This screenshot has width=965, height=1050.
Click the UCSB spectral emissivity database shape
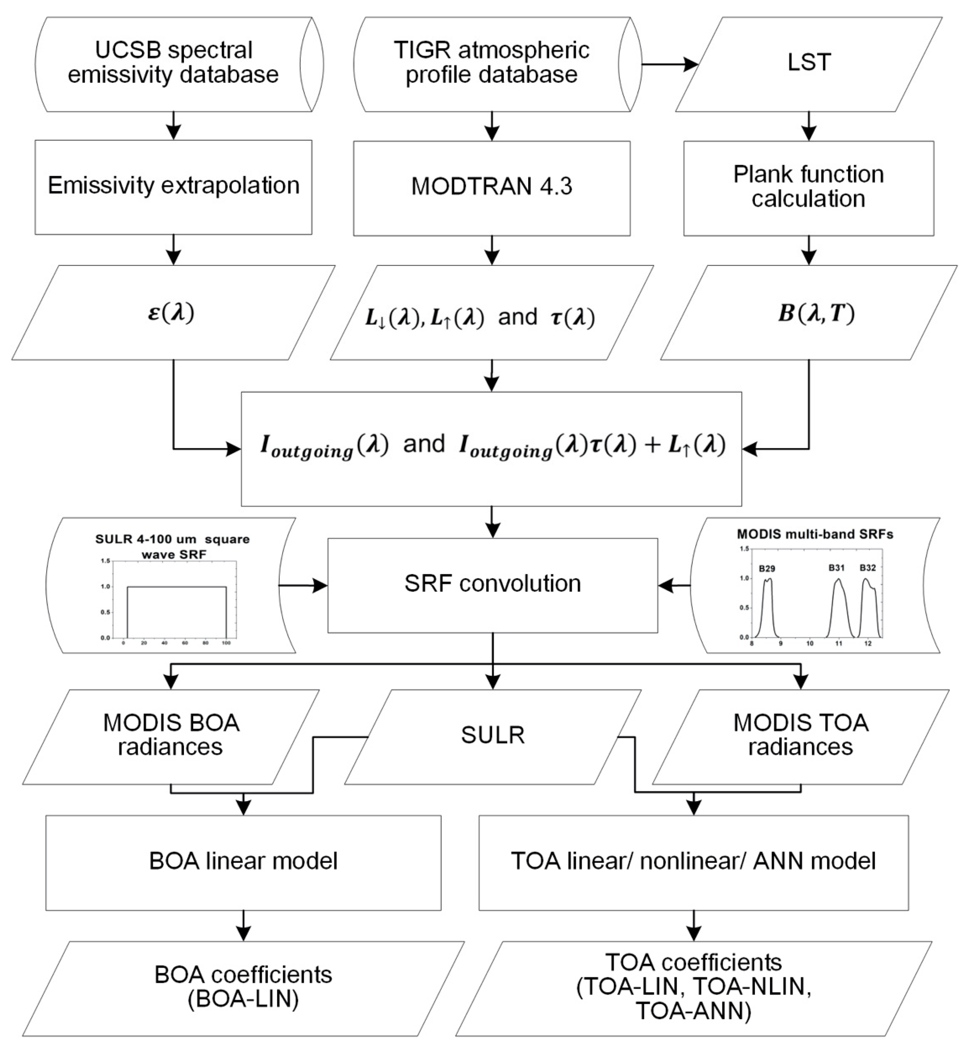173,63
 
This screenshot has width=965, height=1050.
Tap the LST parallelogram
808,63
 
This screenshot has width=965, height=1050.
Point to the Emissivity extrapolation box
173,186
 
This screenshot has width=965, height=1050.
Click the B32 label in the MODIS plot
868,567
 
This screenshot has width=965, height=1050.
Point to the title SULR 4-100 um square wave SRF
172,546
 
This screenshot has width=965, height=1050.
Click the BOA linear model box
243,861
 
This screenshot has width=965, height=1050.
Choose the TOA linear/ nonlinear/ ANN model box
693,861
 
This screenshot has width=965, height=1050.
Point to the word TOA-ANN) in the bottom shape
693,1011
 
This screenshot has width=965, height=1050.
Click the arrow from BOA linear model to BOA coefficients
243,925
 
